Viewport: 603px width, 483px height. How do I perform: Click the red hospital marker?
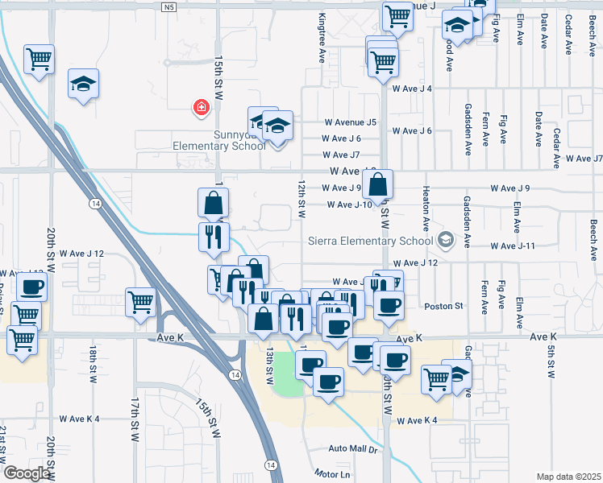coord(199,107)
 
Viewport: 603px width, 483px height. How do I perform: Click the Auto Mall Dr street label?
coord(352,448)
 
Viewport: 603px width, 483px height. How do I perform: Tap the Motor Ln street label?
coord(333,473)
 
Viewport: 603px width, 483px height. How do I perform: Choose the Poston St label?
coord(443,306)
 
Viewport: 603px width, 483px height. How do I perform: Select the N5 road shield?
coord(168,7)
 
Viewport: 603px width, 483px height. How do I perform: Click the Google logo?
coord(27,473)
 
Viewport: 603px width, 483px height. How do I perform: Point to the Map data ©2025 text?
coord(568,477)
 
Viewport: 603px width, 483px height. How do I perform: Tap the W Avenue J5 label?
coord(351,122)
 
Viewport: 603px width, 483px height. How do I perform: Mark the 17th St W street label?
coord(135,416)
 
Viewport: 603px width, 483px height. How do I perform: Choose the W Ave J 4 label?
coord(412,89)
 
